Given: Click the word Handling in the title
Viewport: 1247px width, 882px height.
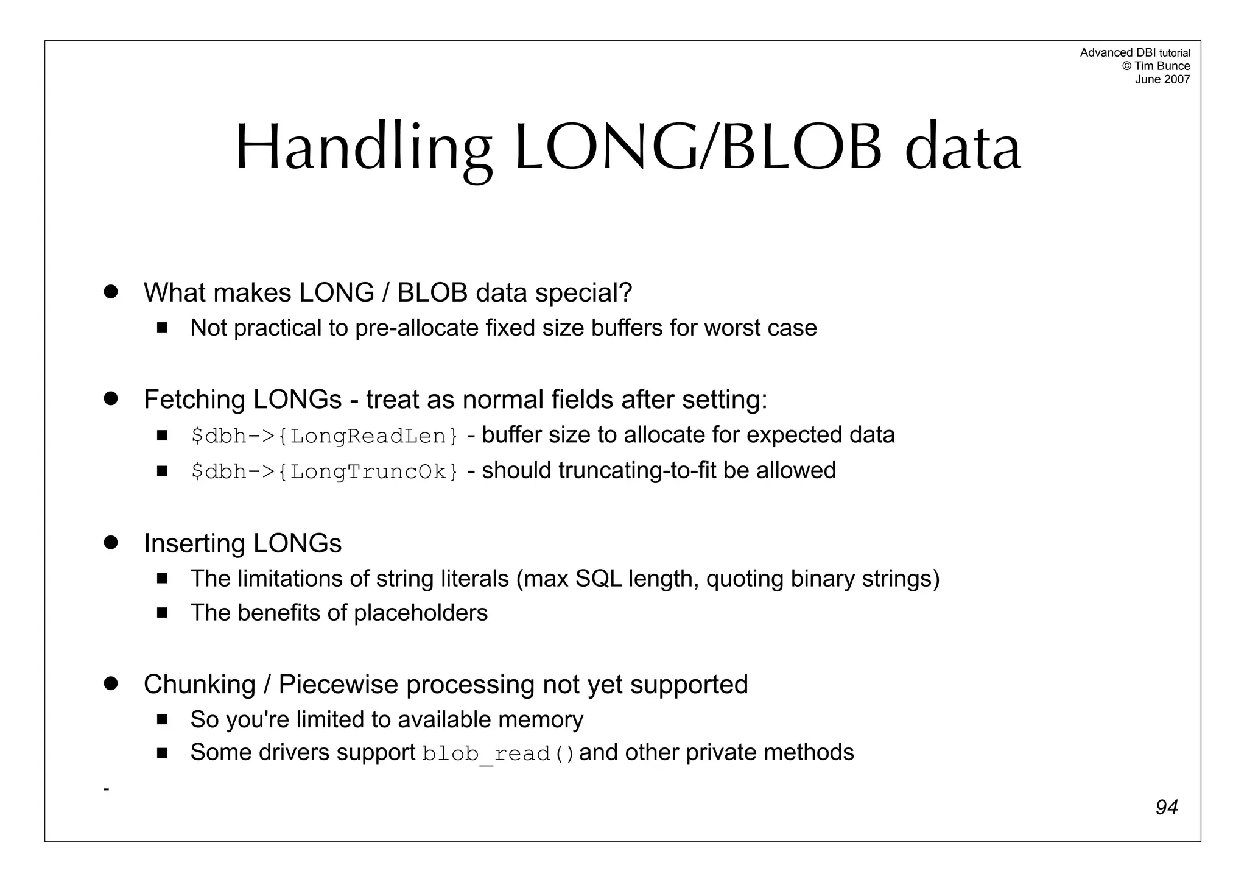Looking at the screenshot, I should click(364, 148).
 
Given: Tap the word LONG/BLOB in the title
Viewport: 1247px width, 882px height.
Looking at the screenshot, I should click(698, 148).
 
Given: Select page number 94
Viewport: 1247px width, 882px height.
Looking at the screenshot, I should click(1166, 807).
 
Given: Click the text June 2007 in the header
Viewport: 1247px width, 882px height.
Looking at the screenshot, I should click(1162, 79).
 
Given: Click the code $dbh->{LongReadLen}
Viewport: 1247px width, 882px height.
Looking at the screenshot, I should click(325, 436).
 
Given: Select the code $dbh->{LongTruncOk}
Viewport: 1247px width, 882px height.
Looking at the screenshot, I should click(325, 471).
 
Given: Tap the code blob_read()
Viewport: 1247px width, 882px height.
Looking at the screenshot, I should click(498, 754).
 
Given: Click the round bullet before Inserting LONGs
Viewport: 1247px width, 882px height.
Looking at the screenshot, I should click(110, 542).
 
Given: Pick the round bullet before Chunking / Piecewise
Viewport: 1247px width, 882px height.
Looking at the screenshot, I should click(110, 683).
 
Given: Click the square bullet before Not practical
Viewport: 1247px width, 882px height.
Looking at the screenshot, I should click(162, 328).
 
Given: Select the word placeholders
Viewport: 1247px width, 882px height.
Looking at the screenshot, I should click(421, 613).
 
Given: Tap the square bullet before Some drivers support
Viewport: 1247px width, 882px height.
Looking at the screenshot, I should click(162, 753).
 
